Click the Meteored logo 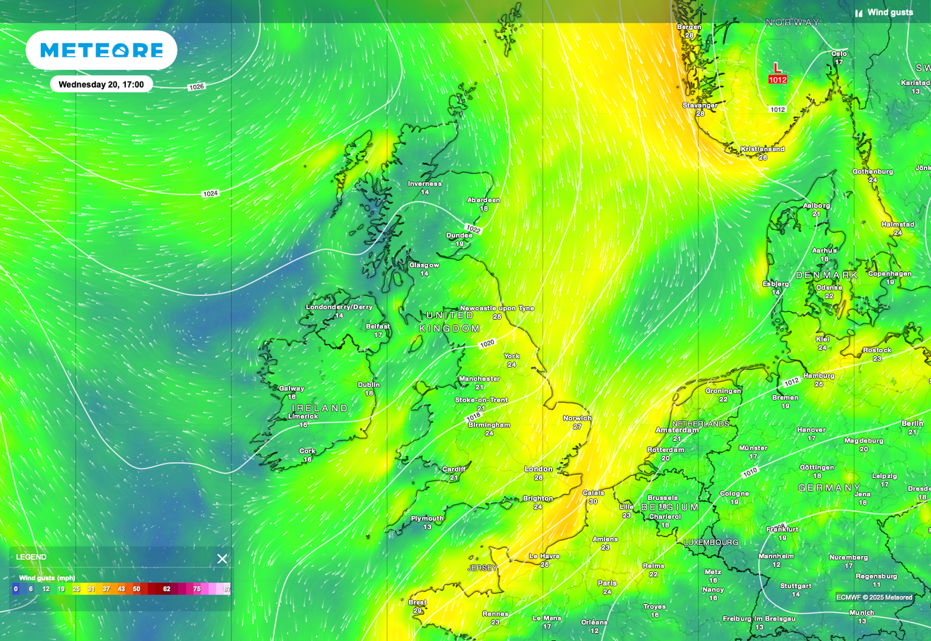(x=102, y=50)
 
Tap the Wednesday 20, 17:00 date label (x=101, y=84)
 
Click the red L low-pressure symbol (x=777, y=68)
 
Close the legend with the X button (x=222, y=558)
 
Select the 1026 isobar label (x=196, y=87)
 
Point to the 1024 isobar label (x=210, y=193)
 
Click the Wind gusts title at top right (x=890, y=12)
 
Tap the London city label (x=538, y=469)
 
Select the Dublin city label (x=369, y=385)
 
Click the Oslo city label (x=839, y=53)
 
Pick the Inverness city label (x=424, y=184)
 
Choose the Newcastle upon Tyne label (x=497, y=308)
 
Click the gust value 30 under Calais (x=593, y=501)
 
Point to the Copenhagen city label (x=890, y=274)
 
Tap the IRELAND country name (x=320, y=408)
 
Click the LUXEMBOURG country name (x=711, y=542)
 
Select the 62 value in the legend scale (x=167, y=589)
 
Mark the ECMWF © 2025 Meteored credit (x=874, y=597)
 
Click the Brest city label (x=417, y=602)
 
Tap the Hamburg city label (x=819, y=376)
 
